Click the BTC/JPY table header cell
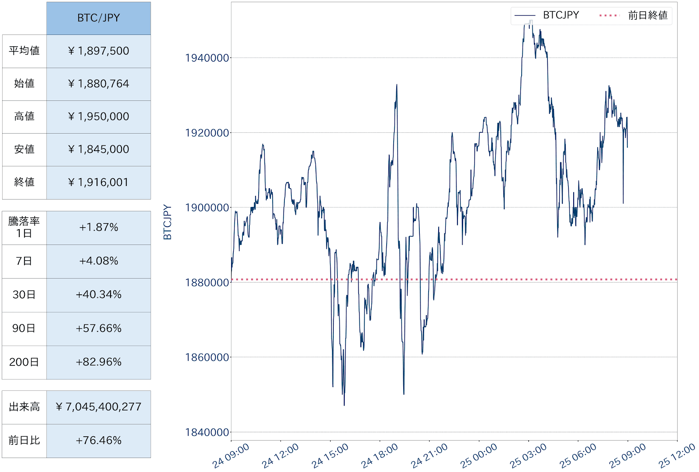click(x=98, y=18)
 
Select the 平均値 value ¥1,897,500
click(x=98, y=51)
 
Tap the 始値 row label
click(x=24, y=83)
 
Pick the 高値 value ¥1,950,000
click(x=98, y=117)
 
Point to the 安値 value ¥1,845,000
click(x=98, y=149)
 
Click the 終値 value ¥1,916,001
click(x=98, y=182)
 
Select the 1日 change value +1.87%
click(x=98, y=227)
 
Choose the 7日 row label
click(x=24, y=261)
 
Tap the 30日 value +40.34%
click(x=98, y=295)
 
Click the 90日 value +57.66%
click(x=98, y=328)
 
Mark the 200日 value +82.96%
click(x=98, y=362)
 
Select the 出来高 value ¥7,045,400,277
click(x=98, y=407)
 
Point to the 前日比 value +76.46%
click(x=98, y=441)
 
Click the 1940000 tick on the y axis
click(x=207, y=58)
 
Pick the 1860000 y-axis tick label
click(x=207, y=358)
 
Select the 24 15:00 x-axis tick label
click(x=330, y=456)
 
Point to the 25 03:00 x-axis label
click(x=528, y=456)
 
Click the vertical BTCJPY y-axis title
click(x=167, y=222)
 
